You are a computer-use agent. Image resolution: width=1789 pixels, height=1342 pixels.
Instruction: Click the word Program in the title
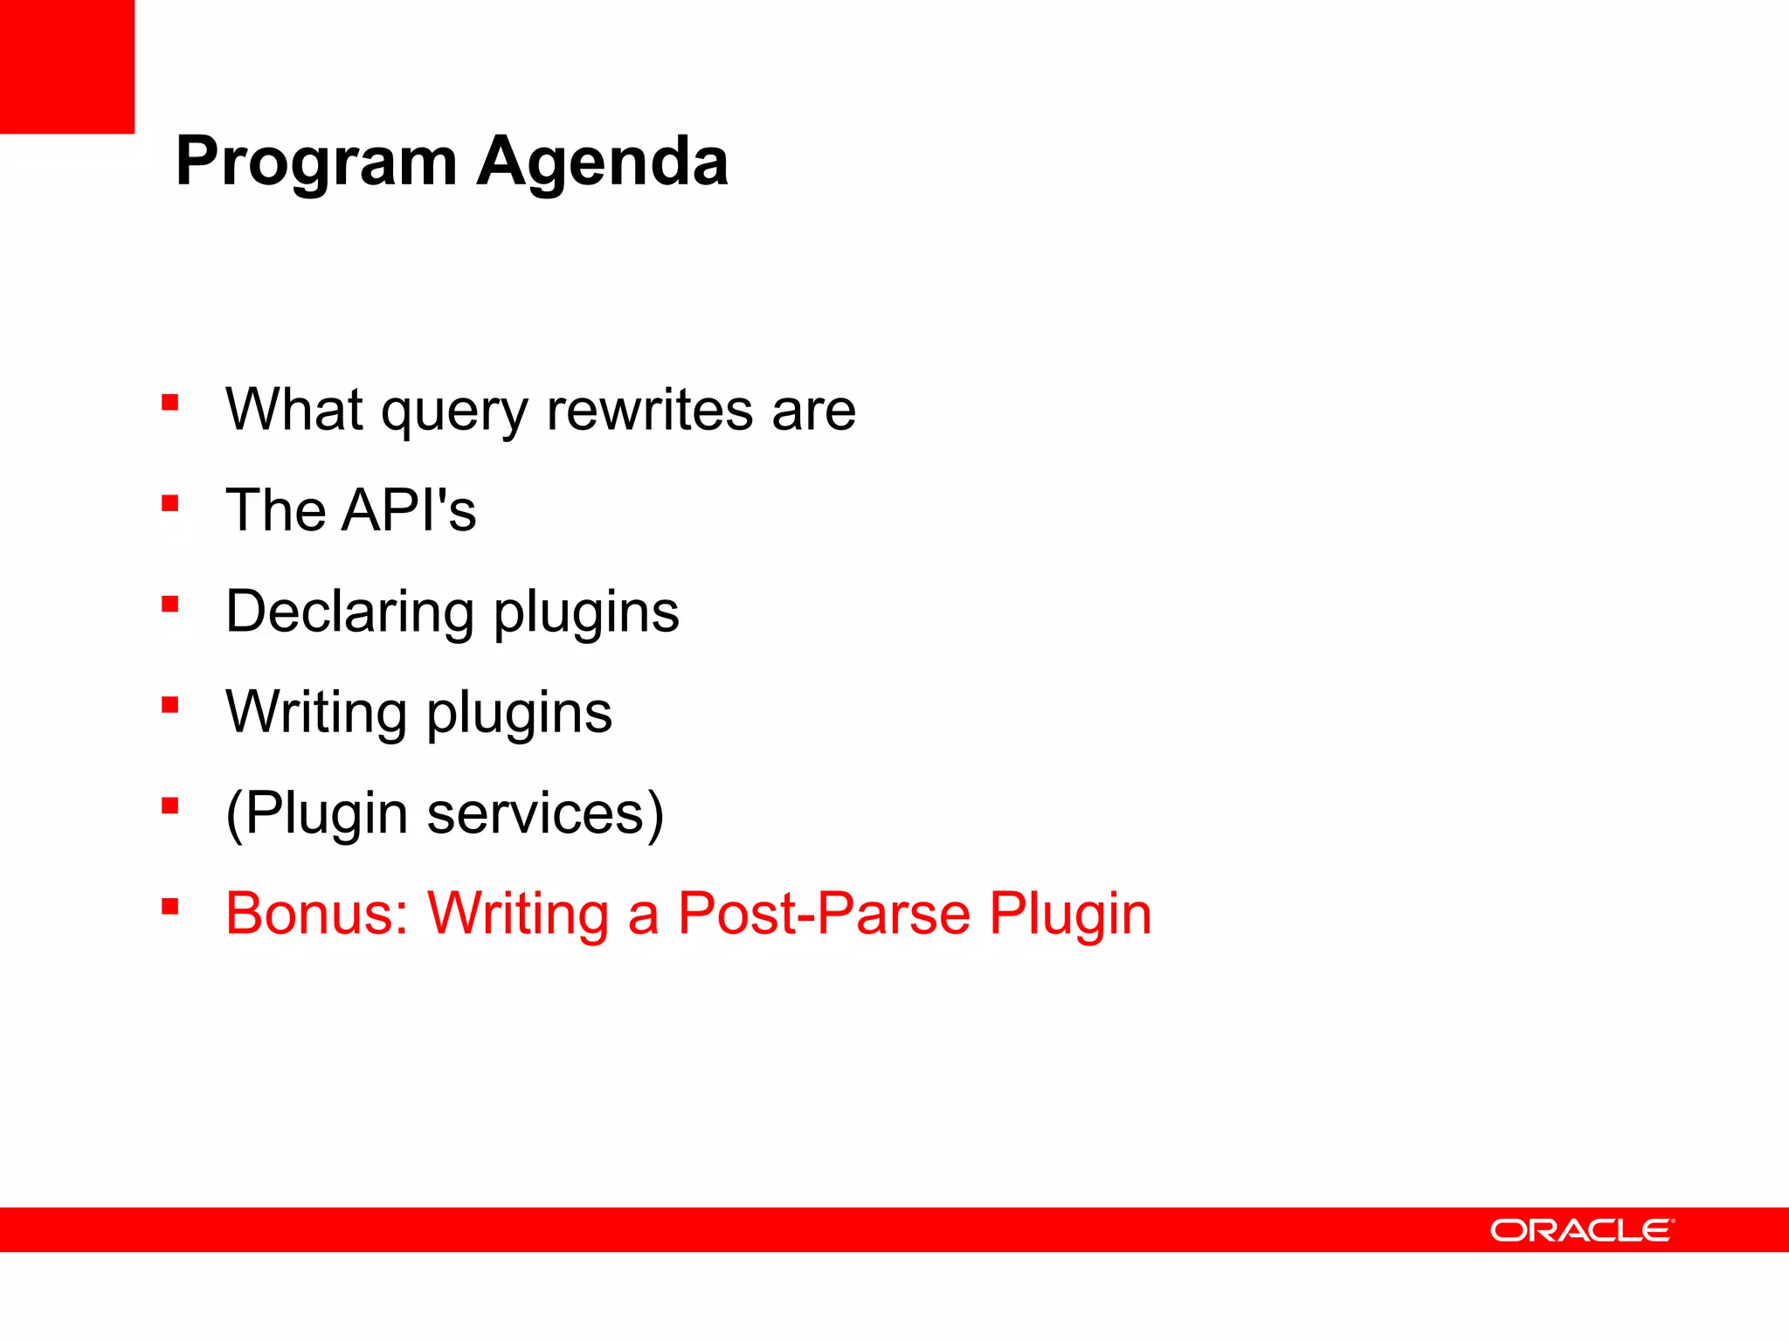click(316, 163)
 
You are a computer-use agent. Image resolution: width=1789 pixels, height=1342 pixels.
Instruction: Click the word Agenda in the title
click(602, 163)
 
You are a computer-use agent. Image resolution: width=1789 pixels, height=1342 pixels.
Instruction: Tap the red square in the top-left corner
click(66, 66)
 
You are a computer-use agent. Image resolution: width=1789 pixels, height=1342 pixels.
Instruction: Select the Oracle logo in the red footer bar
click(1581, 1230)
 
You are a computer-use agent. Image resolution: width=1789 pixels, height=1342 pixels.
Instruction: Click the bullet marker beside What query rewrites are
click(170, 403)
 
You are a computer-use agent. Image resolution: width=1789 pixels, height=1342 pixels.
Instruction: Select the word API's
click(409, 510)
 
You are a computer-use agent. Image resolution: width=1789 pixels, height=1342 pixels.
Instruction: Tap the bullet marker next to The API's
click(170, 503)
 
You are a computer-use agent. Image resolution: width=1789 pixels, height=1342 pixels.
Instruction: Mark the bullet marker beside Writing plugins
click(170, 705)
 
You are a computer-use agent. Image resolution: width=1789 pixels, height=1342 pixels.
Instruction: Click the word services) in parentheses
click(545, 814)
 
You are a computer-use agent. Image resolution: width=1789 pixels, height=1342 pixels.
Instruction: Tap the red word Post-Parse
click(824, 914)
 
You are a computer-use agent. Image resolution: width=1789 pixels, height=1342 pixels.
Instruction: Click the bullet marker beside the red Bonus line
click(170, 906)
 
